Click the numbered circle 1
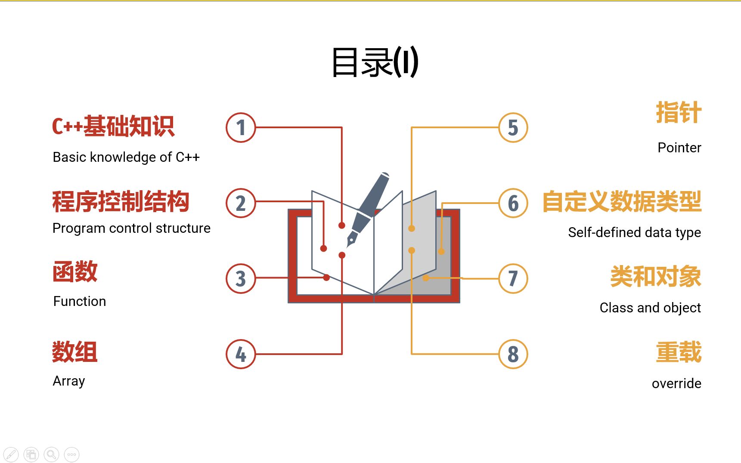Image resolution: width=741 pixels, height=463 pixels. pos(241,127)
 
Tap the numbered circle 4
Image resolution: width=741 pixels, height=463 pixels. pos(241,354)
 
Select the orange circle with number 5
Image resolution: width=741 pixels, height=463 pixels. pos(513,127)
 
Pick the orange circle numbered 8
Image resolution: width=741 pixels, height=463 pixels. pos(513,354)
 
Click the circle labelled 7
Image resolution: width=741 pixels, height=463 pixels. pos(513,278)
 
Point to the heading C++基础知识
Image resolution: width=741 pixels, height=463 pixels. pos(113,127)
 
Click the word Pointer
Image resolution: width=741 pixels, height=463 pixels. pos(679,148)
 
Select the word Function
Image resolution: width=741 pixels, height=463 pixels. pos(80,301)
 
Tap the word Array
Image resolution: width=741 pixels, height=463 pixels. pos(69,381)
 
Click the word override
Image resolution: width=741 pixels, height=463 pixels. pos(676,383)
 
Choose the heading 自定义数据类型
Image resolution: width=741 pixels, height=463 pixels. pos(622,202)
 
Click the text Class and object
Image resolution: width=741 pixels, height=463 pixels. pos(650,308)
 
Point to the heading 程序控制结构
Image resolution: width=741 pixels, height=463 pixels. pos(121,202)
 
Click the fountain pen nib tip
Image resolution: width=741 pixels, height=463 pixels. pos(348,246)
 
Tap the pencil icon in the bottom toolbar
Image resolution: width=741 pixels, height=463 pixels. pos(11,454)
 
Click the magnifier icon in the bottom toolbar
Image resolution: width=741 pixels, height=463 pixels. pos(51,454)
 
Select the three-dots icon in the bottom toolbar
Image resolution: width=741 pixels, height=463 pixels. pos(71,454)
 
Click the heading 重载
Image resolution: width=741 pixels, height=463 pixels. pos(679,352)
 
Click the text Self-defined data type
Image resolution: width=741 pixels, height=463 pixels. pos(634,232)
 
